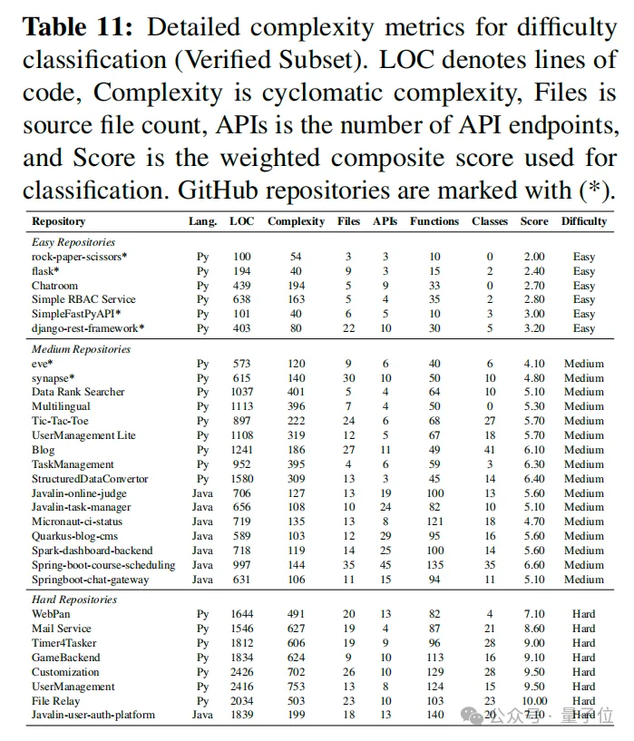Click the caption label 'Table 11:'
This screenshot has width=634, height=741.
[x=79, y=27]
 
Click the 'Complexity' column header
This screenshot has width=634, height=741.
[x=296, y=221]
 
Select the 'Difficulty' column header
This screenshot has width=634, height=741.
[x=583, y=221]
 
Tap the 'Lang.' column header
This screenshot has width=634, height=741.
[x=202, y=221]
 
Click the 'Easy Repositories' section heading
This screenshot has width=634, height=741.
[x=73, y=242]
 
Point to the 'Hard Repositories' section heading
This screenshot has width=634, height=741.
[x=74, y=600]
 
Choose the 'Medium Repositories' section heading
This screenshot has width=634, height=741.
[x=81, y=349]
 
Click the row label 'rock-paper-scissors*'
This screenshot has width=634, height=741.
[x=80, y=257]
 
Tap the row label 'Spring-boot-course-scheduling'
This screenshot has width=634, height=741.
[x=103, y=565]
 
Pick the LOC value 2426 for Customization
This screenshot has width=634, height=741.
[x=241, y=672]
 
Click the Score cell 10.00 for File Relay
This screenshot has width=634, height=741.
[x=534, y=700]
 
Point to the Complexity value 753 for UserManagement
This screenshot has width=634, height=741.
[x=296, y=687]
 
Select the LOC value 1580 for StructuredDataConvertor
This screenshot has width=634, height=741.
[x=241, y=479]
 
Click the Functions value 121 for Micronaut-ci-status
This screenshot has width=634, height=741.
[x=434, y=522]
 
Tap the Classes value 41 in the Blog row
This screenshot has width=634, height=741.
[x=490, y=450]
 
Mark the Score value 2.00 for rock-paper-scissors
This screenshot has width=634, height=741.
[x=534, y=257]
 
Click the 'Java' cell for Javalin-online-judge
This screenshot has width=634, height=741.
[x=202, y=493]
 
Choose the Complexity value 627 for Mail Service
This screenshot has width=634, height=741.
[x=296, y=629]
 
